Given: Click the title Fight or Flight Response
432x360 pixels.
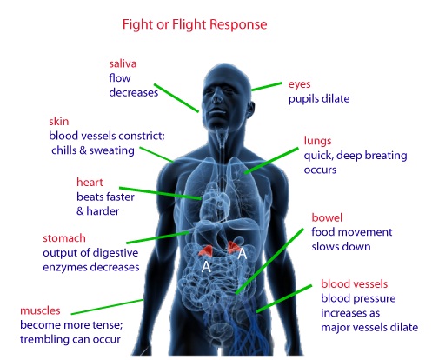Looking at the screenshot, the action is [x=195, y=24].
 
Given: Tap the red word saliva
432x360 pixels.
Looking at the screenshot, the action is [x=123, y=63].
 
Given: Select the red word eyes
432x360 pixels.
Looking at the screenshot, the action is [x=299, y=84].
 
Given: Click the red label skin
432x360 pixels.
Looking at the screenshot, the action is [x=59, y=121].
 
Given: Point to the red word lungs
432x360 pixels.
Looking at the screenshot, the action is [x=317, y=141].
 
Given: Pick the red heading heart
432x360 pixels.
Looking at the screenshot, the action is [x=90, y=183].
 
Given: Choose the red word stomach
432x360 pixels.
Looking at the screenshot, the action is [x=64, y=238].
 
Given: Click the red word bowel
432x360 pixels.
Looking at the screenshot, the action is [x=327, y=217].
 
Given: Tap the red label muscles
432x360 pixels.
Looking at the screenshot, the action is [x=40, y=310].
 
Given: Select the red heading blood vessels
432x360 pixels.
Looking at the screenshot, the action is [x=354, y=284].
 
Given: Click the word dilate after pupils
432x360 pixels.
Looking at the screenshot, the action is [x=336, y=99].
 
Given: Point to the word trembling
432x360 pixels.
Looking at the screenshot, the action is [x=42, y=339].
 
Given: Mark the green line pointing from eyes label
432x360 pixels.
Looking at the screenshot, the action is [x=267, y=86].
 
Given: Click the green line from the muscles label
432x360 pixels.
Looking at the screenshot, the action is [x=108, y=307].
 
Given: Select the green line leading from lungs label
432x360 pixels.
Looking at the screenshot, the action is [x=271, y=161].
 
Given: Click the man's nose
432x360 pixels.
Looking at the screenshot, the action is [x=216, y=99].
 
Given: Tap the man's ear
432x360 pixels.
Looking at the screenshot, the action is [x=250, y=109].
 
